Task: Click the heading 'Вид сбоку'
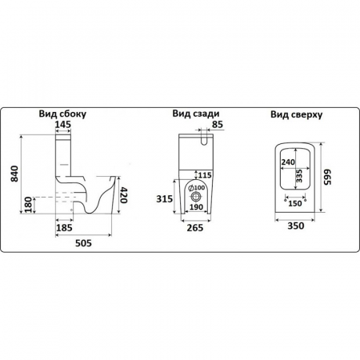pos(62,114)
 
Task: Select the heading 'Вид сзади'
pos(196,114)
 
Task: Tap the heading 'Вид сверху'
pos(297,114)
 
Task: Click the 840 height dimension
pos(14,174)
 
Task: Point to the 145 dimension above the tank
pos(63,124)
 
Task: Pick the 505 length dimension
pos(83,243)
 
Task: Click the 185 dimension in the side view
pos(64,228)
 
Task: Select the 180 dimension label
pos(28,205)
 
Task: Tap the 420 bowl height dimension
pos(123,195)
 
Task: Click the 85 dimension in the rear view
pos(218,124)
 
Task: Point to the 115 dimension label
pos(205,175)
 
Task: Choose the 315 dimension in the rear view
pos(164,198)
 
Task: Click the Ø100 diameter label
pos(197,188)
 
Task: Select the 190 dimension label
pos(197,206)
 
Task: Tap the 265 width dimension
pos(195,228)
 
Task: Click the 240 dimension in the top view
pos(288,162)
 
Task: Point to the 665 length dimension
pos(327,177)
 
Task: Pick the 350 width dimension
pos(296,226)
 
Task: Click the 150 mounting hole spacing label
pos(295,203)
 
